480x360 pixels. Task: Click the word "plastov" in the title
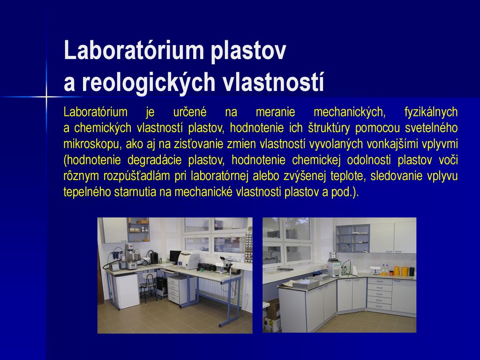[248, 51]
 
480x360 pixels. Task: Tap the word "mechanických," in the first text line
[350, 112]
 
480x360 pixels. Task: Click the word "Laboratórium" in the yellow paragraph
[96, 112]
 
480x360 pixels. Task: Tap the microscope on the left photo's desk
[225, 264]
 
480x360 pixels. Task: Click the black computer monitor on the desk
[175, 256]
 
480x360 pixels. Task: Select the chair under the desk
[149, 286]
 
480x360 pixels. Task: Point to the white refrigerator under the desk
[127, 290]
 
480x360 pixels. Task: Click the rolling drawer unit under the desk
[178, 290]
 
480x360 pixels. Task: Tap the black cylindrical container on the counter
[412, 271]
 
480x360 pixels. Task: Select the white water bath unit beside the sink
[335, 265]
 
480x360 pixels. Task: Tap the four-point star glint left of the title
[46, 97]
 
